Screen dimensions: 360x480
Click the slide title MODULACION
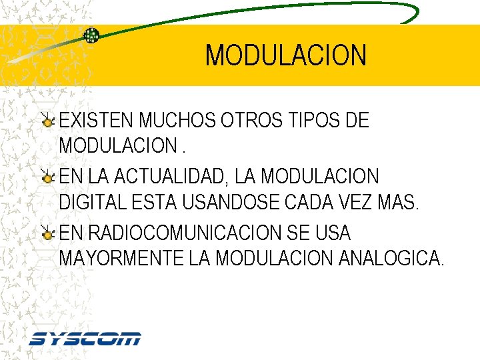[285, 55]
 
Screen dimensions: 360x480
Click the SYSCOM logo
[85, 339]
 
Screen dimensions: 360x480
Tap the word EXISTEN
[97, 121]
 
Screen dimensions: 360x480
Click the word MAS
[401, 201]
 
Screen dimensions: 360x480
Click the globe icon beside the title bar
[91, 35]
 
